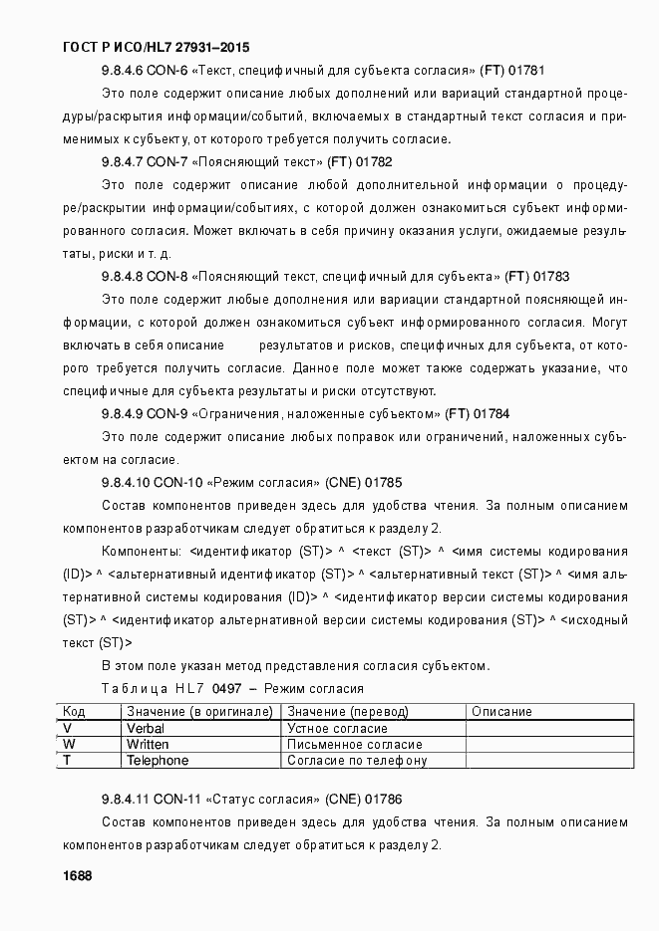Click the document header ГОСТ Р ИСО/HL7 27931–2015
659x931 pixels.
pos(156,47)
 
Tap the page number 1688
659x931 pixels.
pos(77,875)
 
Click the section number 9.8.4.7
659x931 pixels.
pos(125,161)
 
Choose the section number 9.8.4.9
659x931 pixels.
pos(125,413)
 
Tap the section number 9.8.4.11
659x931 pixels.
pos(128,799)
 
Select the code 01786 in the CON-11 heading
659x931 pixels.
pos(382,799)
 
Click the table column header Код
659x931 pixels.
pos(73,712)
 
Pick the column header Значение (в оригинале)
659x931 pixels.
pos(199,712)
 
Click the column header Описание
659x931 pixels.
pos(500,712)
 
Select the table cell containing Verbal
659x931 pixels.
pos(146,729)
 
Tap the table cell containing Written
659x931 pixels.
pos(148,745)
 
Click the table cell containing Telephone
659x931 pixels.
pos(158,761)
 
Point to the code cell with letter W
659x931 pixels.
pos(69,745)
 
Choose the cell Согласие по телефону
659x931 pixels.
pos(356,761)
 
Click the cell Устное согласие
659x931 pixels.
pos(337,729)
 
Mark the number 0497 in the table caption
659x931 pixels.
pos(226,689)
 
